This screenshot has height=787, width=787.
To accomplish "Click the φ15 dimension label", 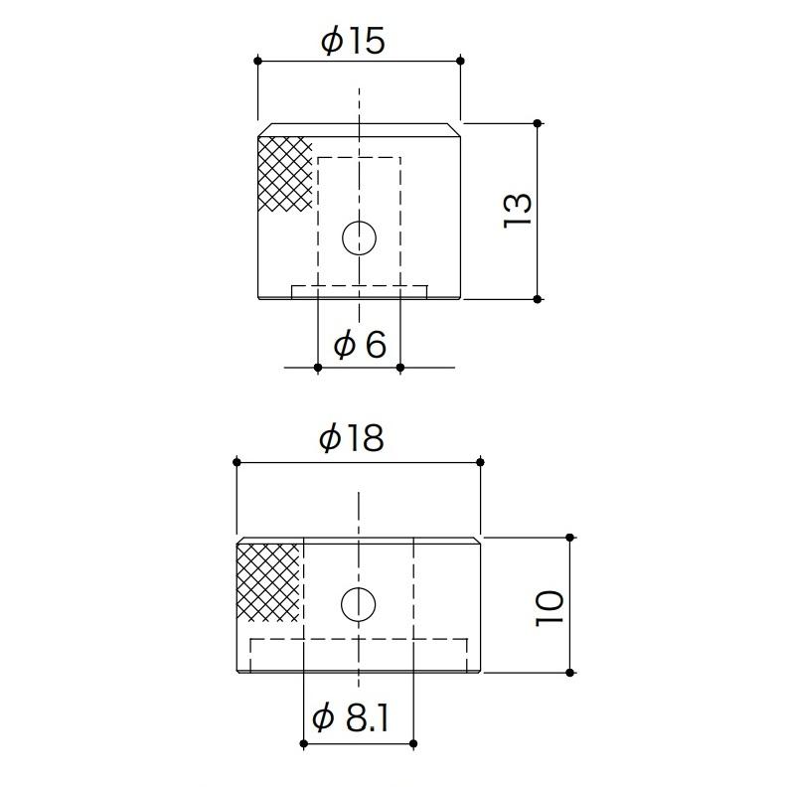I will tap(352, 41).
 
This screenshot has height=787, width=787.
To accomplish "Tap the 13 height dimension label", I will tap(518, 211).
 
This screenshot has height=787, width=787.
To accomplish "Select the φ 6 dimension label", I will tap(359, 345).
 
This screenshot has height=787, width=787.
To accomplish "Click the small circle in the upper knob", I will tap(359, 237).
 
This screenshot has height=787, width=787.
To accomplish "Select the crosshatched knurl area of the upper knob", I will tap(284, 174).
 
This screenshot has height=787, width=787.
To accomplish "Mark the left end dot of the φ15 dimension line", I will tap(258, 62).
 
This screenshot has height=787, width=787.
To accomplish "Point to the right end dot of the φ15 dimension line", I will tap(461, 62).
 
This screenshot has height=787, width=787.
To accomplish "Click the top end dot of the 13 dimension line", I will tap(538, 123).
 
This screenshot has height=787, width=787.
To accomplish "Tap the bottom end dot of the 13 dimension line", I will tap(538, 298).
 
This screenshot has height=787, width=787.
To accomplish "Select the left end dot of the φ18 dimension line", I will tap(236, 462).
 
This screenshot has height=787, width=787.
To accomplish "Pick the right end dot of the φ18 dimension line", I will tap(481, 462).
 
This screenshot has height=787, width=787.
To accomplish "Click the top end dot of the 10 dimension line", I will tap(569, 538).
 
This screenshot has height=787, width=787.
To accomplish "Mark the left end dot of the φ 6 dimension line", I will tap(317, 368).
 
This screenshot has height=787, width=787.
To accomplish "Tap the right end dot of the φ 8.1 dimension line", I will tap(412, 743).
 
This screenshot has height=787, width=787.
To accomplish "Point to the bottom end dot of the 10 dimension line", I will tap(569, 673).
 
